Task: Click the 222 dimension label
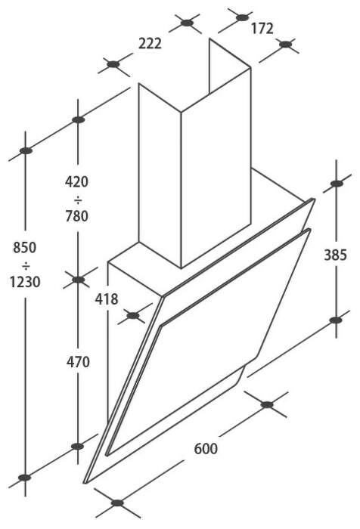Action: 150,44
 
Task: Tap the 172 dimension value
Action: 262,29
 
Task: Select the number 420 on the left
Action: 76,182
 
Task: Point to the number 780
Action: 76,216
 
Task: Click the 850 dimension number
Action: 25,248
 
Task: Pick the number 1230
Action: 25,282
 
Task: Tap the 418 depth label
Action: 107,299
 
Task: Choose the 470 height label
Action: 78,362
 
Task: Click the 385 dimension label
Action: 335,255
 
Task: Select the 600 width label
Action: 206,449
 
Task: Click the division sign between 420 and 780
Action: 77,201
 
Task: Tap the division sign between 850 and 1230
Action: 26,267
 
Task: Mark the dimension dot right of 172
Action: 285,44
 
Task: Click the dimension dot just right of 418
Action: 133,315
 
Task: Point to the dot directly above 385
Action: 337,184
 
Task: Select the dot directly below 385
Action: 336,320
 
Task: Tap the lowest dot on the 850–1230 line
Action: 25,478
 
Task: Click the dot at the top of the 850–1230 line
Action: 26,150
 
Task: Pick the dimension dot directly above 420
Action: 78,119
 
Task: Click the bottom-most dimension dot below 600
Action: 117,503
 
